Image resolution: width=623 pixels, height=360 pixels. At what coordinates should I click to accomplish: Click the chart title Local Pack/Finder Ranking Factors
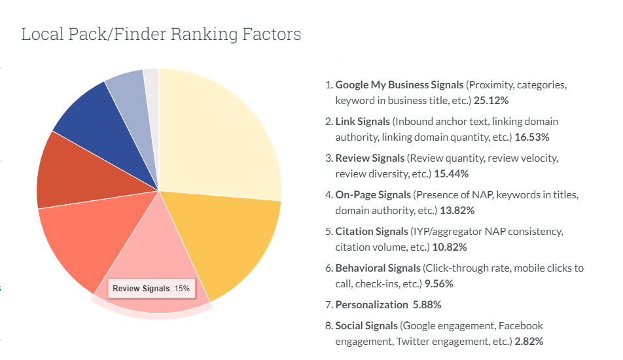coord(161,34)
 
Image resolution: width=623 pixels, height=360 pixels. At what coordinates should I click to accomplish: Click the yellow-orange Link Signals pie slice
coord(229,242)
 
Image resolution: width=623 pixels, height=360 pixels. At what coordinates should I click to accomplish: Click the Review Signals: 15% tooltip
coord(150,288)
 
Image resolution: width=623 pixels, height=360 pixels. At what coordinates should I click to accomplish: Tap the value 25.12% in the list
coord(491,101)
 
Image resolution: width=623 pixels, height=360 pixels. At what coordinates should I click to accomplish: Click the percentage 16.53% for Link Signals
coord(531,137)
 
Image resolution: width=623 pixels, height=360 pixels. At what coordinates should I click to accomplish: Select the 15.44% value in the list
coord(451,174)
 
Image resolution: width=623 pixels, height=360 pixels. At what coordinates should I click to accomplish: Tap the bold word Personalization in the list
coord(371,305)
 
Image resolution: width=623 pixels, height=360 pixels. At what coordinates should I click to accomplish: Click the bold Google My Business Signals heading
coord(399,85)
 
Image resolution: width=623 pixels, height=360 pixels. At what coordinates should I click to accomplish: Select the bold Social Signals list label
coord(366,326)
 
